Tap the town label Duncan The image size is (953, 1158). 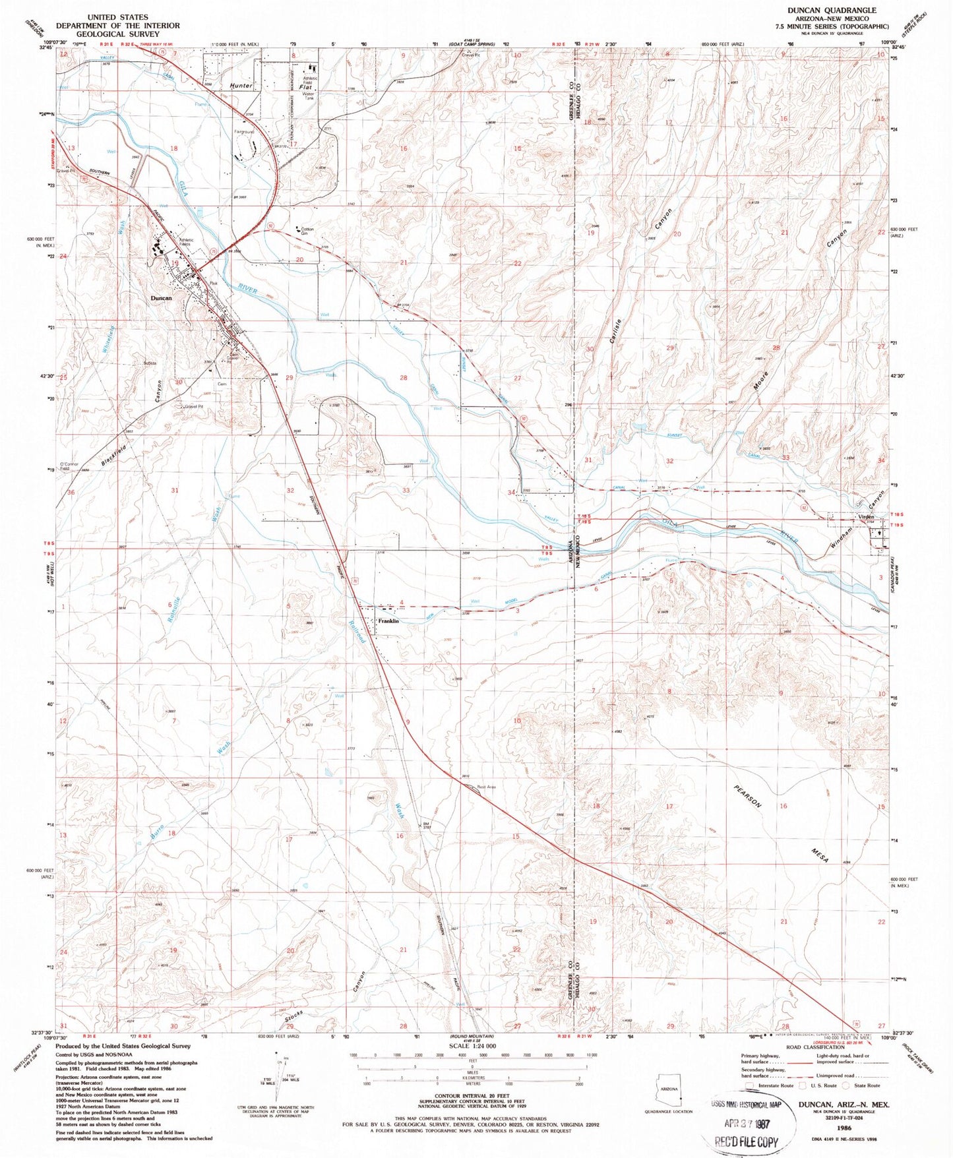[x=161, y=298]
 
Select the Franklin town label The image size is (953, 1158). [x=388, y=621]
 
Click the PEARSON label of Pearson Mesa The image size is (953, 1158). [x=748, y=797]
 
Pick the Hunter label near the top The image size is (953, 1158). [x=241, y=86]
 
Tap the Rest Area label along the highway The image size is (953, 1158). [x=486, y=787]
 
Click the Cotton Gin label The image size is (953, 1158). [x=307, y=231]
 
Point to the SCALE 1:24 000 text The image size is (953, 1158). [x=472, y=1047]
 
